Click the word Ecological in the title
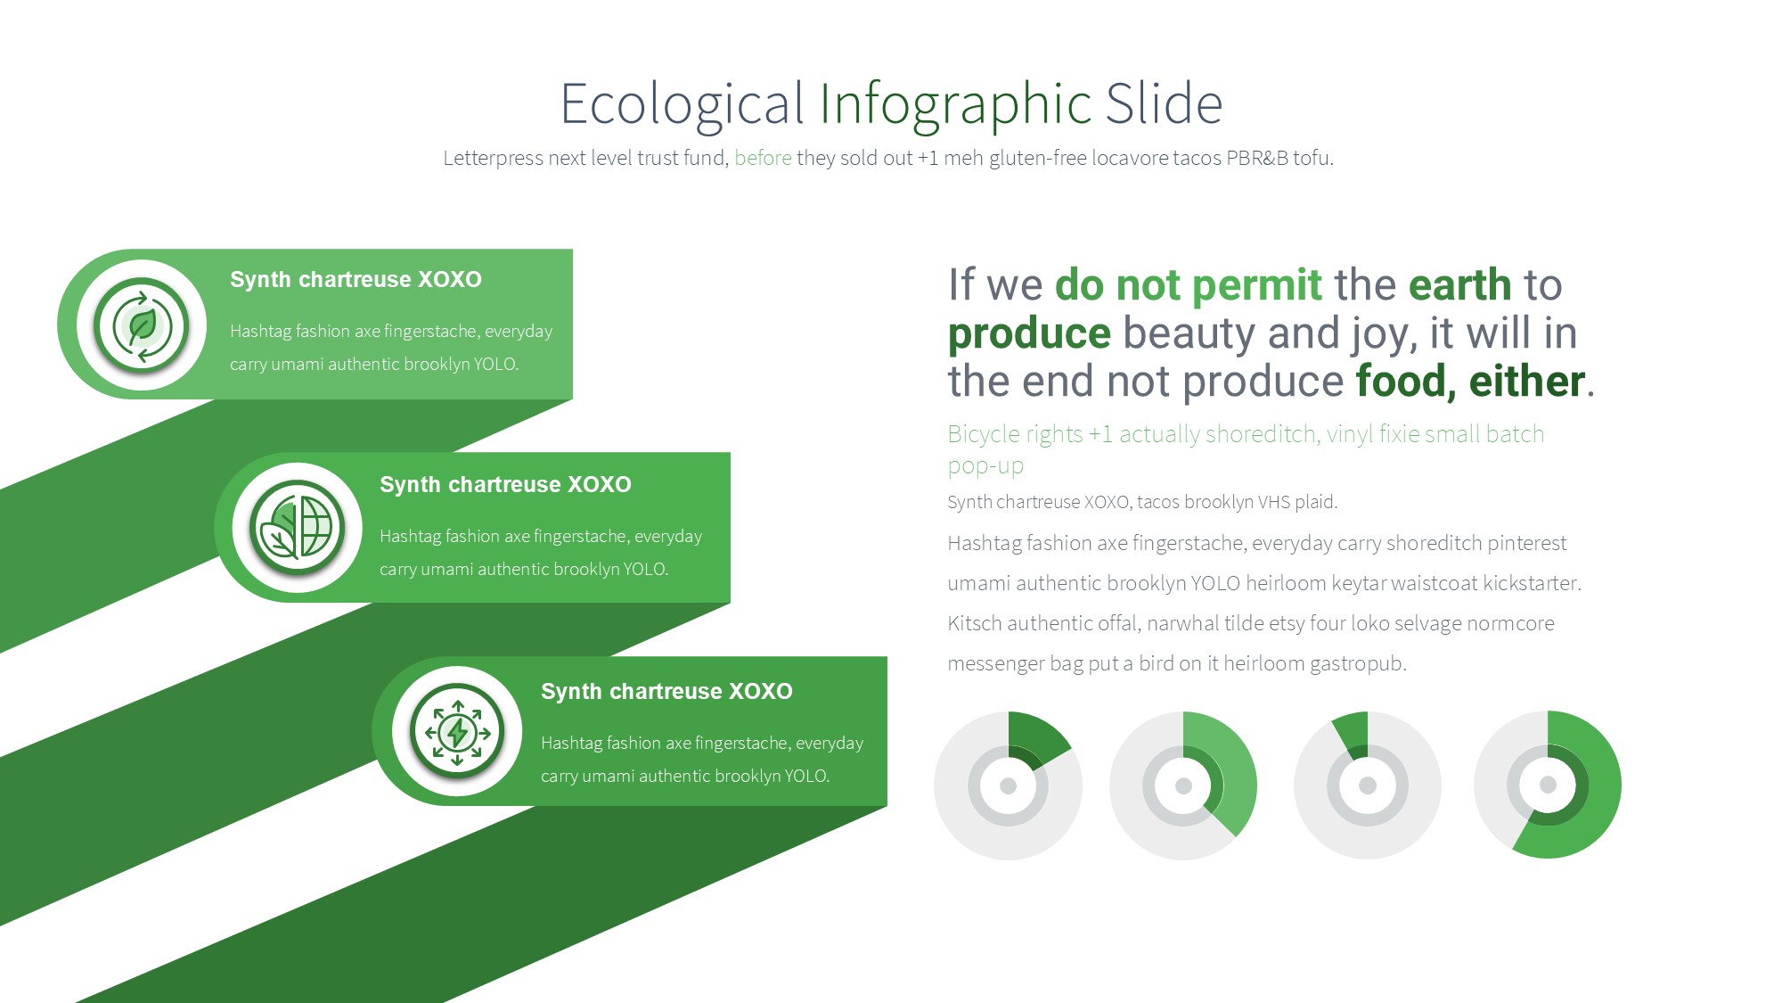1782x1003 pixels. [683, 104]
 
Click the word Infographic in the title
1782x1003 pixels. [955, 104]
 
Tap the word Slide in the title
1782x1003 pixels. [1164, 103]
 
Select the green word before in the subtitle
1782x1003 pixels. [763, 158]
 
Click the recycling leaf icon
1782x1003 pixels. [141, 325]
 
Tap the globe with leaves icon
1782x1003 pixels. [297, 528]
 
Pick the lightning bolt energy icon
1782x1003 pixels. [457, 732]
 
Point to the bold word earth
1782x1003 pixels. [1459, 285]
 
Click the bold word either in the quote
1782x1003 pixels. [1526, 382]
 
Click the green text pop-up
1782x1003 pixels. [985, 466]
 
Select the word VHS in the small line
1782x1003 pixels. [1273, 502]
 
